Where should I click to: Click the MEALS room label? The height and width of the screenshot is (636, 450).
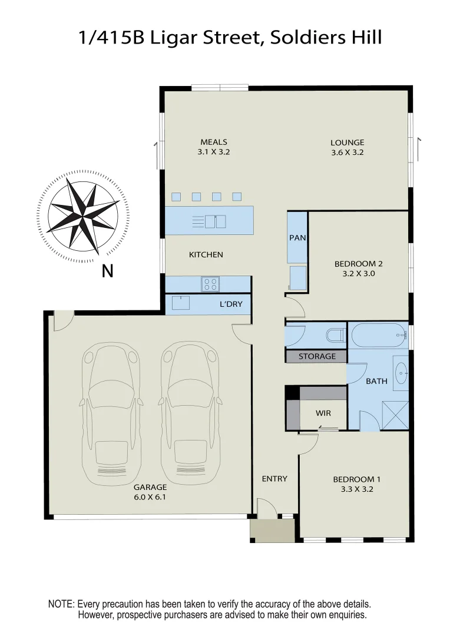click(213, 142)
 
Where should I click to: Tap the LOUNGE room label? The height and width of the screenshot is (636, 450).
click(347, 143)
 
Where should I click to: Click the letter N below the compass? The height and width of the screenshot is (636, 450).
click(107, 271)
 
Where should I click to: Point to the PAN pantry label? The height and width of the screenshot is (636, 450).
click(296, 238)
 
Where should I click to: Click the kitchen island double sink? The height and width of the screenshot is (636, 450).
click(215, 221)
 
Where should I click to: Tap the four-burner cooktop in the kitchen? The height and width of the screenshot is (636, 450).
click(210, 284)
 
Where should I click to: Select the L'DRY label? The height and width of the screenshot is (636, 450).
click(231, 304)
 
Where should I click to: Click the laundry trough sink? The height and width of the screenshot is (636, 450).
click(180, 303)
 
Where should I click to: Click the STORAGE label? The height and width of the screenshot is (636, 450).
click(317, 356)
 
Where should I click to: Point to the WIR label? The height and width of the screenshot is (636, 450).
click(323, 413)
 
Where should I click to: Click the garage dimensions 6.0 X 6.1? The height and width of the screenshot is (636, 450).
click(150, 497)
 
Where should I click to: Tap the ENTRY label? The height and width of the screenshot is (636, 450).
click(274, 479)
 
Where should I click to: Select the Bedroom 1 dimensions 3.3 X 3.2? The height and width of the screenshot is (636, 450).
click(353, 489)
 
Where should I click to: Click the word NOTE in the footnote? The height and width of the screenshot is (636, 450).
click(61, 605)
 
